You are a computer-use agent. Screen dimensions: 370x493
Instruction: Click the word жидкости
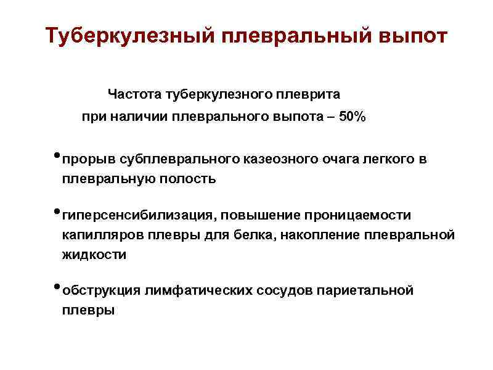(x=93, y=255)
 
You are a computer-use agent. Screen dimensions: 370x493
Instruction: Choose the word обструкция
(x=102, y=290)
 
